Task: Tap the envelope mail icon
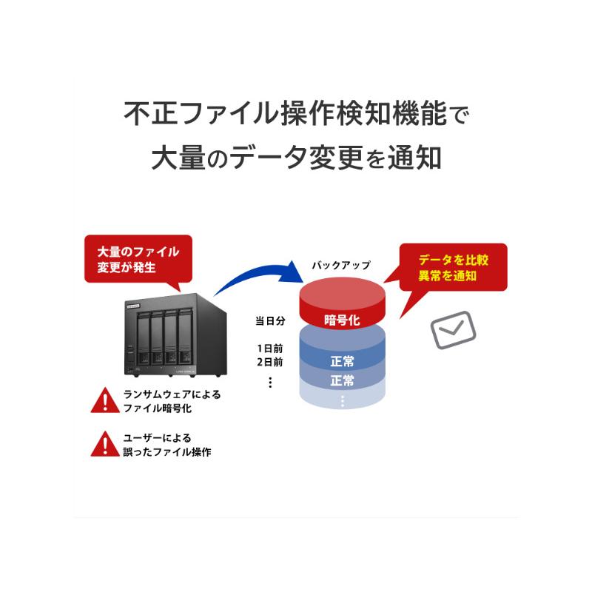click(x=453, y=330)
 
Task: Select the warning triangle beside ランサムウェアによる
click(x=105, y=400)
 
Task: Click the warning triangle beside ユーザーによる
click(x=105, y=444)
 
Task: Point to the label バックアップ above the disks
click(x=341, y=266)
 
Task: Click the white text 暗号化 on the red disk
click(x=342, y=320)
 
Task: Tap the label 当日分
click(x=270, y=321)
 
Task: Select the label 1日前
click(x=270, y=349)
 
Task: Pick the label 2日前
click(x=270, y=362)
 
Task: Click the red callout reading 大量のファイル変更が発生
click(x=138, y=259)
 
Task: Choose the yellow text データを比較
click(x=454, y=260)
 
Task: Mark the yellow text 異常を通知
click(x=448, y=275)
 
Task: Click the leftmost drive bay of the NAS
click(x=143, y=337)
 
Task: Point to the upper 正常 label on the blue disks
click(x=342, y=361)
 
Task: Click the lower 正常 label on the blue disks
click(x=342, y=380)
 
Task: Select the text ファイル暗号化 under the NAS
click(x=158, y=408)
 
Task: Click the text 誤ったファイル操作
click(x=167, y=451)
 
